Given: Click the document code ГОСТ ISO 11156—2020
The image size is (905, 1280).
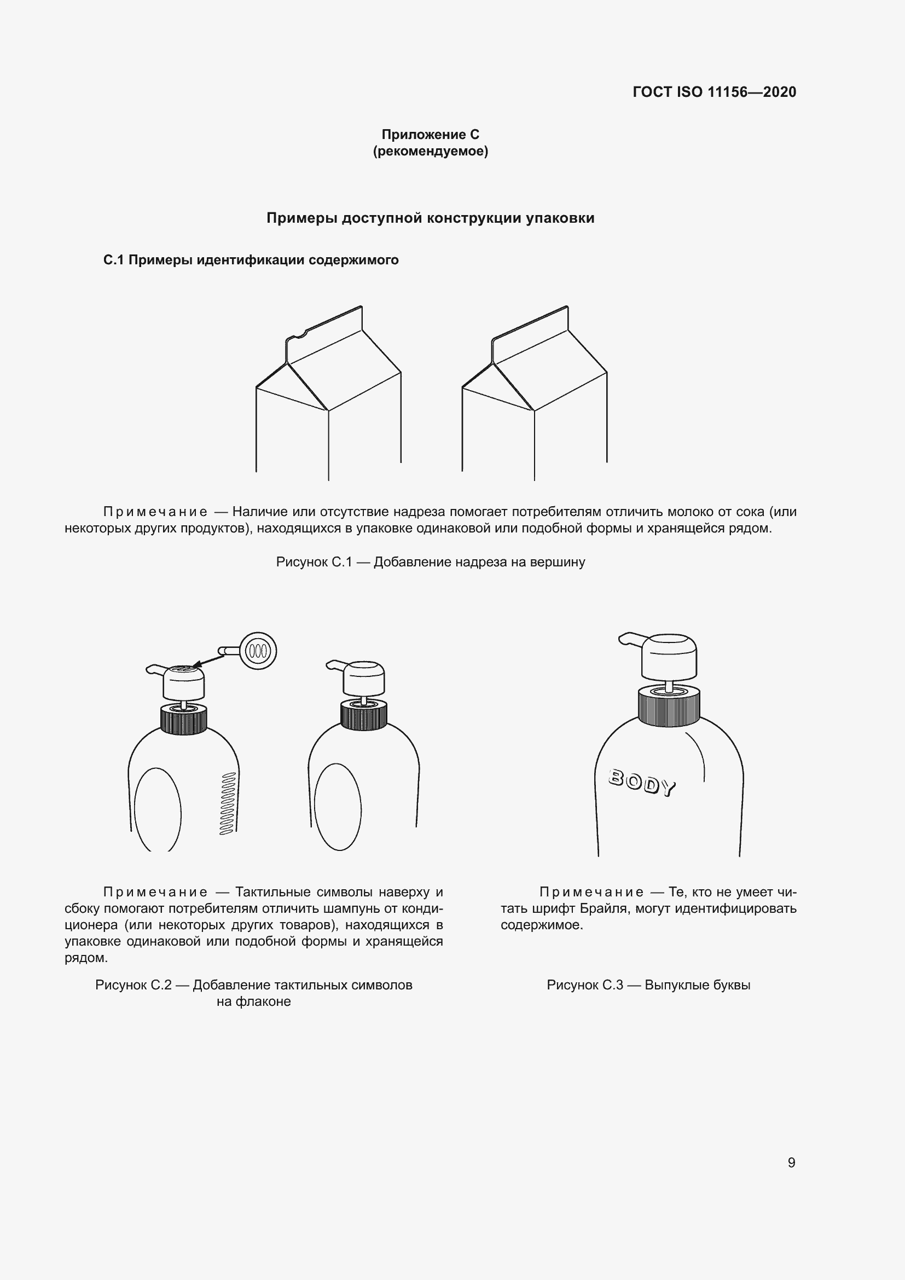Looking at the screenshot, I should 714,92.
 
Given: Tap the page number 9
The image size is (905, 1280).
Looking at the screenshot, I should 791,1162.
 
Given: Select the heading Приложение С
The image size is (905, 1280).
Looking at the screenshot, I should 430,135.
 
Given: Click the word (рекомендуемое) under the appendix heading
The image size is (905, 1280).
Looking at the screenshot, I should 430,151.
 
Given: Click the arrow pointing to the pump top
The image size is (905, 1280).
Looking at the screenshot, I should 209,660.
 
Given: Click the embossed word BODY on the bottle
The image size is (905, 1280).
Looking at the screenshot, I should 642,782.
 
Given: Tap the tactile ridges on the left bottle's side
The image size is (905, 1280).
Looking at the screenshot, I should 228,803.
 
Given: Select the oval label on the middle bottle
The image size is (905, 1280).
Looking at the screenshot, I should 338,807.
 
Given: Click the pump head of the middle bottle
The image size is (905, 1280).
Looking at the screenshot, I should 363,678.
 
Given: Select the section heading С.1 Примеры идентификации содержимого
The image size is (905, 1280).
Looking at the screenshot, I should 251,260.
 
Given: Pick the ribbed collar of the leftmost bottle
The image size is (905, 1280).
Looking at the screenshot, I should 183,720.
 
